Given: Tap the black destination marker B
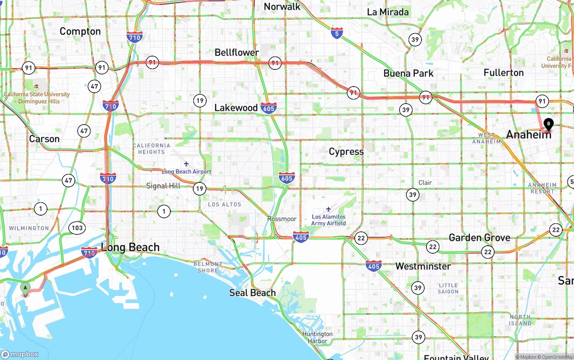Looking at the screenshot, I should click(x=548, y=124).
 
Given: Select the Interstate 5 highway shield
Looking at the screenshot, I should click(x=337, y=32).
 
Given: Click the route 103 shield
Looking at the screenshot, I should click(x=77, y=228).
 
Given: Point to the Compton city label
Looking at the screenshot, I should click(x=80, y=31).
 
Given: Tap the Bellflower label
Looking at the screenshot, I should click(x=237, y=52).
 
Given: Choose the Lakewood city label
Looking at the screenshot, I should click(x=236, y=108).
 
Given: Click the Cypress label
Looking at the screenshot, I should click(x=346, y=152).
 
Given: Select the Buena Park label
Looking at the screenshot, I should click(x=409, y=73).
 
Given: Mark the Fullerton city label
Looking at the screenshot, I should click(x=504, y=73).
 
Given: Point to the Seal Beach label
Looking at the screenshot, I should click(x=252, y=293).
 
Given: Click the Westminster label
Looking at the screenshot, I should click(x=423, y=266).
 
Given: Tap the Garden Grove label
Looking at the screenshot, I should click(x=479, y=238).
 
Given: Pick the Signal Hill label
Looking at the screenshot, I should click(x=163, y=186).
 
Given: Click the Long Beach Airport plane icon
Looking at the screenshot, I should click(x=186, y=164).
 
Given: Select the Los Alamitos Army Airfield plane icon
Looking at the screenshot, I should click(x=329, y=209).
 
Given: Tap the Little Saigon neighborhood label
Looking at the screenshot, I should click(x=448, y=288).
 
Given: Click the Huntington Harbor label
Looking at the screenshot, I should click(x=317, y=338).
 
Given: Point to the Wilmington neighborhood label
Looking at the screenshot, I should click(x=29, y=228).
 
